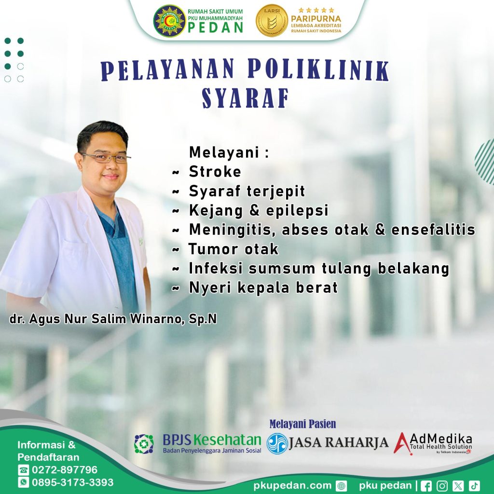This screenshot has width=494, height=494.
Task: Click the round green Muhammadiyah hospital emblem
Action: click(169, 21)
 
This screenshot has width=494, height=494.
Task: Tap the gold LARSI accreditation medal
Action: click(272, 20)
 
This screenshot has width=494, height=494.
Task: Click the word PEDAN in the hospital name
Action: click(216, 27)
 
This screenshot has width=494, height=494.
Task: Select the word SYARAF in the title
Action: click(246, 98)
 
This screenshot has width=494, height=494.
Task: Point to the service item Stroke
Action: click(215, 172)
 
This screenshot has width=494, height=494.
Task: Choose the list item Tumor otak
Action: click(233, 249)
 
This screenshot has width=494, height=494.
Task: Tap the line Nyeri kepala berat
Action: click(263, 288)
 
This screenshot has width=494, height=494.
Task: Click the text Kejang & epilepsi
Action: click(259, 210)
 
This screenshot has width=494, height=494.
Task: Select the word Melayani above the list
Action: click(224, 152)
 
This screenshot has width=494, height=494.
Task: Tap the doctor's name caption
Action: click(113, 319)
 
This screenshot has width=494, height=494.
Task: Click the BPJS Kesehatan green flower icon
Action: click(144, 444)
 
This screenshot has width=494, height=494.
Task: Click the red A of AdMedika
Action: click(402, 444)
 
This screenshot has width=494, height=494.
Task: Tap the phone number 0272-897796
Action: click(65, 470)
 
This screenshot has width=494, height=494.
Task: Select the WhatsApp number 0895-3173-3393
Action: click(72, 482)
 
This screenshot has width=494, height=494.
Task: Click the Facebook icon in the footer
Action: click(426, 486)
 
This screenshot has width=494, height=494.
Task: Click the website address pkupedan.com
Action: click(292, 485)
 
